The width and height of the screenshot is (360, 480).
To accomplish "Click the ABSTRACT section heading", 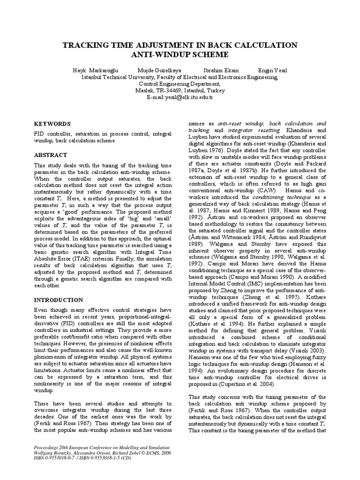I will [51, 155].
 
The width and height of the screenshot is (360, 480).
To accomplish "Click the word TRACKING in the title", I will [84, 45].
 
